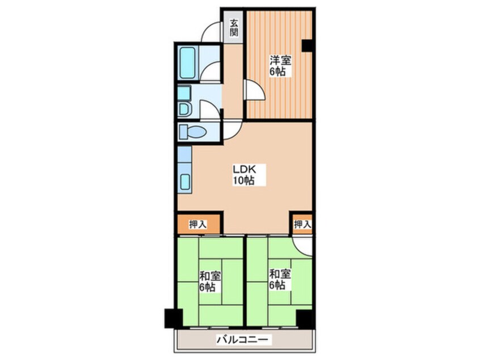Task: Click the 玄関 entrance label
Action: pos(234,27)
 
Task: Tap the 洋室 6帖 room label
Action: pos(280,65)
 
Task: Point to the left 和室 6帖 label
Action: pos(210,281)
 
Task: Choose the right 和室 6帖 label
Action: pos(280,279)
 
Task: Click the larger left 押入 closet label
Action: pos(198,225)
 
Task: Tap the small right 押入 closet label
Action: pos(302,225)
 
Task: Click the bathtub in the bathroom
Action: pos(188,62)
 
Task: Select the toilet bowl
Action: pos(193,132)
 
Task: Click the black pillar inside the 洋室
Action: pos(307,45)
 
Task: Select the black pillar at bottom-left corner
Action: pos(174,319)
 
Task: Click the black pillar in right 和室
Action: pos(304,319)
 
